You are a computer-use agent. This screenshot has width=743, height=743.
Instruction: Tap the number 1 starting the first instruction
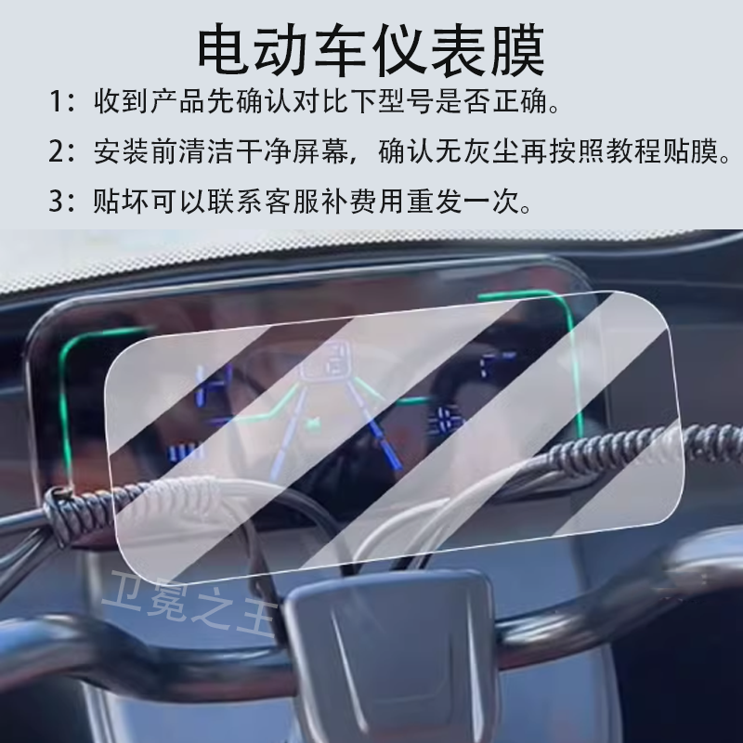(x=59, y=101)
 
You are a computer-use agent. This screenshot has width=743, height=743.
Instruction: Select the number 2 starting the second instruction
(x=59, y=151)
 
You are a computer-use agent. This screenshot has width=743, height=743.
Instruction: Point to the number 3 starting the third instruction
(x=59, y=201)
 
